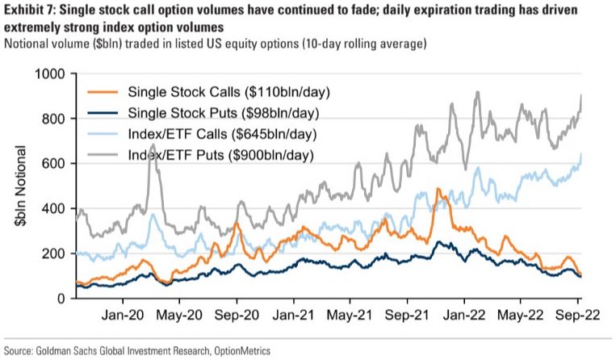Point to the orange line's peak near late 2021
[437, 190]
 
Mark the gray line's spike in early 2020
[153, 145]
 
